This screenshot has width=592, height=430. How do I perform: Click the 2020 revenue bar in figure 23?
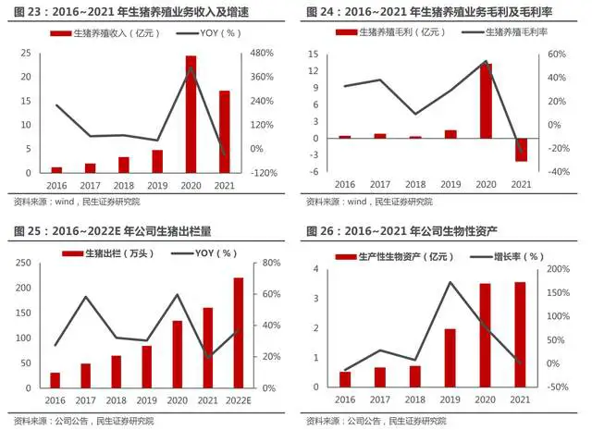pyautogui.click(x=191, y=114)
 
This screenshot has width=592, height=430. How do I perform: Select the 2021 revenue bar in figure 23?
pyautogui.click(x=224, y=131)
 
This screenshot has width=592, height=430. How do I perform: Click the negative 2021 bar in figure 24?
pyautogui.click(x=521, y=150)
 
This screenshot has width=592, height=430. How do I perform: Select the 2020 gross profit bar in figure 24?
pyautogui.click(x=486, y=101)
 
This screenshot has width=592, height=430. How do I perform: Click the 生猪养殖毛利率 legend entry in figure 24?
pyautogui.click(x=508, y=33)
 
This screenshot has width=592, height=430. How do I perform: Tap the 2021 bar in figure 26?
pyautogui.click(x=520, y=334)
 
